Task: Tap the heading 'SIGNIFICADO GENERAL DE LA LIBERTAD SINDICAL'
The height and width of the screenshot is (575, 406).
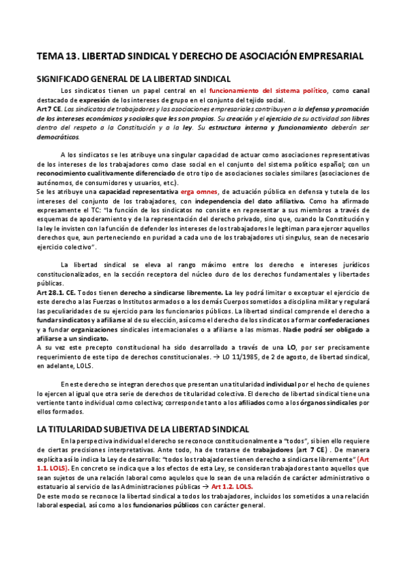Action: point(134,79)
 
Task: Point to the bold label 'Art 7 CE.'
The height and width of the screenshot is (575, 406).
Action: point(49,108)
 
